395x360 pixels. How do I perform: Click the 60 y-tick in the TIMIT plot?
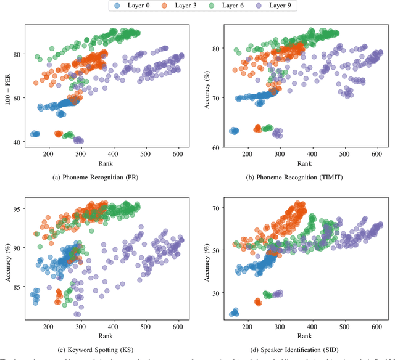(217, 148)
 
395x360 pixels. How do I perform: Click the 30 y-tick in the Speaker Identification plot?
(217, 293)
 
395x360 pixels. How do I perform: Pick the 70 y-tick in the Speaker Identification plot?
(217, 209)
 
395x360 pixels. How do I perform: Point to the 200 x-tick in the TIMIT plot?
(247, 155)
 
